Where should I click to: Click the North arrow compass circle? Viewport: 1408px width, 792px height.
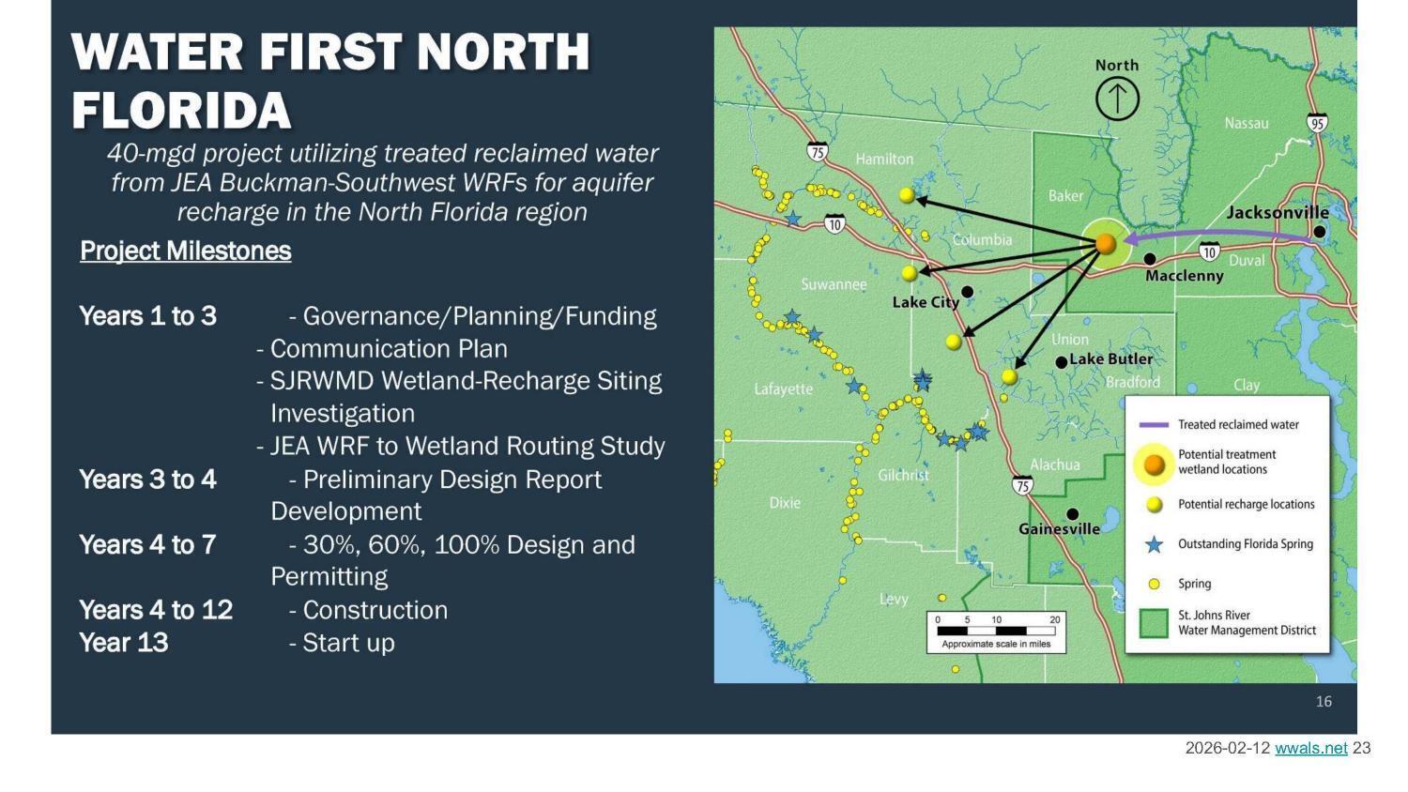click(x=1117, y=99)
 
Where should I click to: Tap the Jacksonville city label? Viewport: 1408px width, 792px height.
click(x=1277, y=213)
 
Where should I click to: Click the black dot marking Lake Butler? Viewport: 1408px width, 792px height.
click(x=1062, y=362)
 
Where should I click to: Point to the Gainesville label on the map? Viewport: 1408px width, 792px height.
click(x=1059, y=529)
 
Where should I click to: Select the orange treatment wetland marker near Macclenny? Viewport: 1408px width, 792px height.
click(x=1106, y=244)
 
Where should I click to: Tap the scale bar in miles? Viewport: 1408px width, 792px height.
click(x=996, y=631)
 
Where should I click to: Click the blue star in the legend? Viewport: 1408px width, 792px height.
click(x=1155, y=544)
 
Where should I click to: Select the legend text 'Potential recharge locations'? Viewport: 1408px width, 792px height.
click(x=1246, y=505)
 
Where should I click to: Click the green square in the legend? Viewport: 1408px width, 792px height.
click(x=1154, y=623)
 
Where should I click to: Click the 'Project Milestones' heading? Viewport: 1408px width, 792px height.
click(x=186, y=251)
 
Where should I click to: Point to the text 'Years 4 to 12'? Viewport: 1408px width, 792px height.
click(x=156, y=610)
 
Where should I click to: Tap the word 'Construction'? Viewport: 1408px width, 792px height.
click(x=375, y=610)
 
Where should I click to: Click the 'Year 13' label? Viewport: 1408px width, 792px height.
click(x=124, y=643)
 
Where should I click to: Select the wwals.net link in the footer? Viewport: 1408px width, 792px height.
click(x=1310, y=748)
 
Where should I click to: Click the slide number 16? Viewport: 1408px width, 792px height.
click(x=1324, y=702)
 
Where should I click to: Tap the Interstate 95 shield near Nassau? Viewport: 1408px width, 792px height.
click(x=1317, y=124)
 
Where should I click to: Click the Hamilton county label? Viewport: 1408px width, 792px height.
click(x=884, y=160)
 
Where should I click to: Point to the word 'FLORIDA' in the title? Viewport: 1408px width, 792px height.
click(x=181, y=111)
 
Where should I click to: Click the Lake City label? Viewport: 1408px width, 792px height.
click(x=926, y=302)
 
